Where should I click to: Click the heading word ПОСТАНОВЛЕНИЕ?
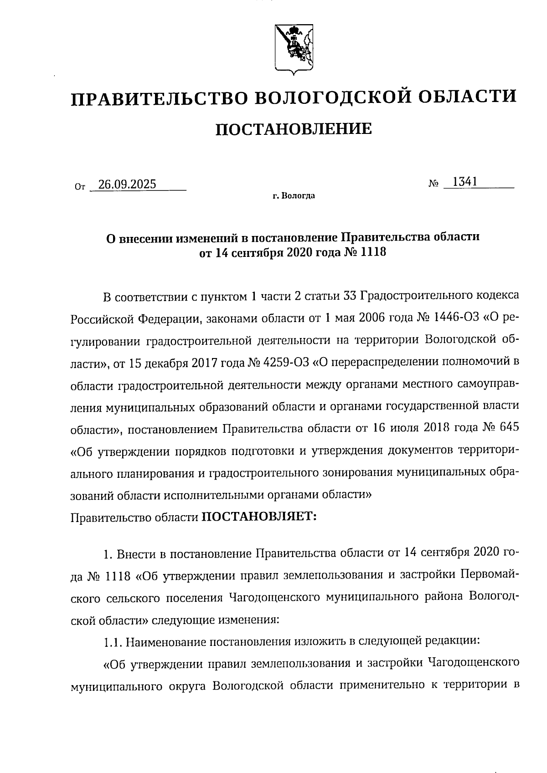(293, 129)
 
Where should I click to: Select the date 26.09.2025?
(127, 184)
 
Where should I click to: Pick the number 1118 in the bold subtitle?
(373, 251)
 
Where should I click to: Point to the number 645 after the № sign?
(509, 429)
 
